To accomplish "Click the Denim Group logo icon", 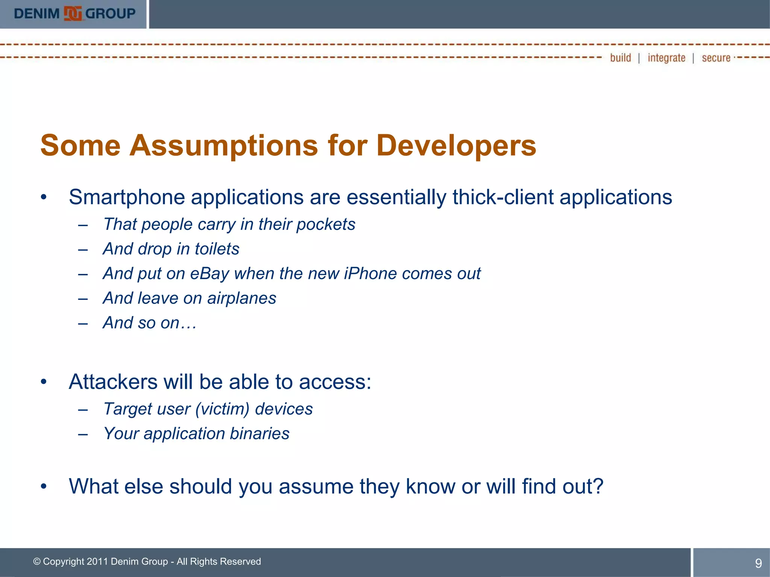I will (73, 14).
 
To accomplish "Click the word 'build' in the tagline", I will (620, 58).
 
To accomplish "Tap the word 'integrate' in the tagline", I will (666, 58).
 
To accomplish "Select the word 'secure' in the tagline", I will (716, 58).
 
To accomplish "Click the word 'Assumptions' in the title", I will (223, 146).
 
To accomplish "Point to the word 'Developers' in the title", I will (456, 146).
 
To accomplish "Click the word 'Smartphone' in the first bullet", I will (127, 198).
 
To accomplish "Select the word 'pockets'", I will (326, 225).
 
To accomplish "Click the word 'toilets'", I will (217, 249).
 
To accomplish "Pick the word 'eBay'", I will (209, 274).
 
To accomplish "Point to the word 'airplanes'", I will (241, 299).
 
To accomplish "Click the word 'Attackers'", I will (113, 382).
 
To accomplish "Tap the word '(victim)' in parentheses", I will (222, 409).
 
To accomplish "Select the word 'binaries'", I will (259, 434).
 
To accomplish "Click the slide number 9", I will (758, 563).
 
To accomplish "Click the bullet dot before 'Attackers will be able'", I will (44, 382).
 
